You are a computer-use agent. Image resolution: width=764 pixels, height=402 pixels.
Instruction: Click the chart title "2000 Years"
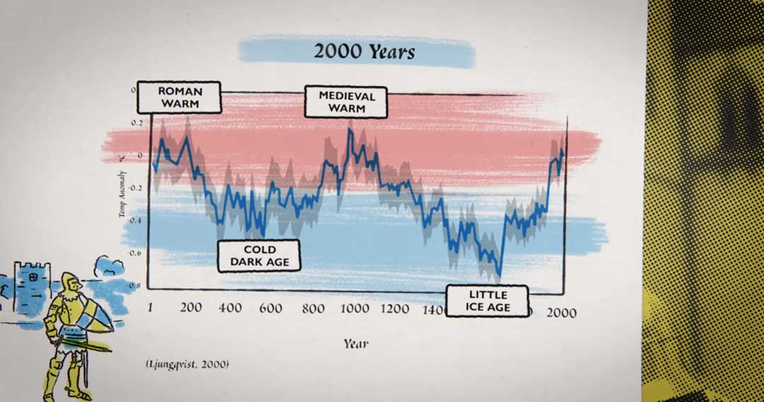364,52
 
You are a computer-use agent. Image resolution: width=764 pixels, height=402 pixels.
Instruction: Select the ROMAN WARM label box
179,98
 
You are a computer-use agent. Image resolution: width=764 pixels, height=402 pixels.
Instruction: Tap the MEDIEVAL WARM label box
347,102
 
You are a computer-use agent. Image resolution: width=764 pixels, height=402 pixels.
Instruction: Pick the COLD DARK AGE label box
259,256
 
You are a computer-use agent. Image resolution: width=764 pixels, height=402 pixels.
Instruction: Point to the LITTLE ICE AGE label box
488,300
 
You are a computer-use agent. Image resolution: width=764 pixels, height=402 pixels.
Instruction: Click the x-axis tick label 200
190,308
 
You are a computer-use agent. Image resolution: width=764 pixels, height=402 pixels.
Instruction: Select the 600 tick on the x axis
271,308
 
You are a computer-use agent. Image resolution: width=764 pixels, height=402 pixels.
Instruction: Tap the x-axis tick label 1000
353,308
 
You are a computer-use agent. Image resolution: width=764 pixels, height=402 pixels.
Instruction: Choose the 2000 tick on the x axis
560,312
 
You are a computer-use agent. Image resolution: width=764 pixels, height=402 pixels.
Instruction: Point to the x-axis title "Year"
356,344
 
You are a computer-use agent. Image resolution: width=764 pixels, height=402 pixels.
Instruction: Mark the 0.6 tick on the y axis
134,252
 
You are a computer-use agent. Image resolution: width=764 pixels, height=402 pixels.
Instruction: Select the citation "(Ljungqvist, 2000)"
188,364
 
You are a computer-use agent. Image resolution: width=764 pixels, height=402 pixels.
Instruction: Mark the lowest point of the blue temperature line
499,276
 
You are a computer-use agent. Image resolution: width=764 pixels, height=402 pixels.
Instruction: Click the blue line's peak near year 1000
349,130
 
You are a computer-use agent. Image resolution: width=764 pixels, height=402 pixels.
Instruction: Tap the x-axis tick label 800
312,308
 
